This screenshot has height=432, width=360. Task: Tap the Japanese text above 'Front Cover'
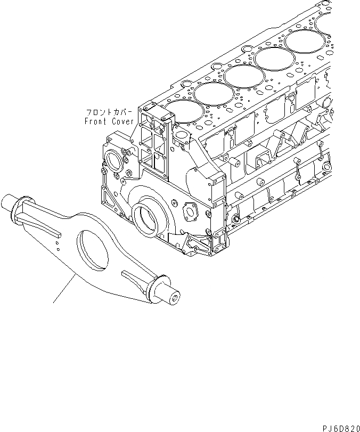tap(109, 113)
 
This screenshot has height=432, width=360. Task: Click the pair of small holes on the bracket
tap(56, 241)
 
